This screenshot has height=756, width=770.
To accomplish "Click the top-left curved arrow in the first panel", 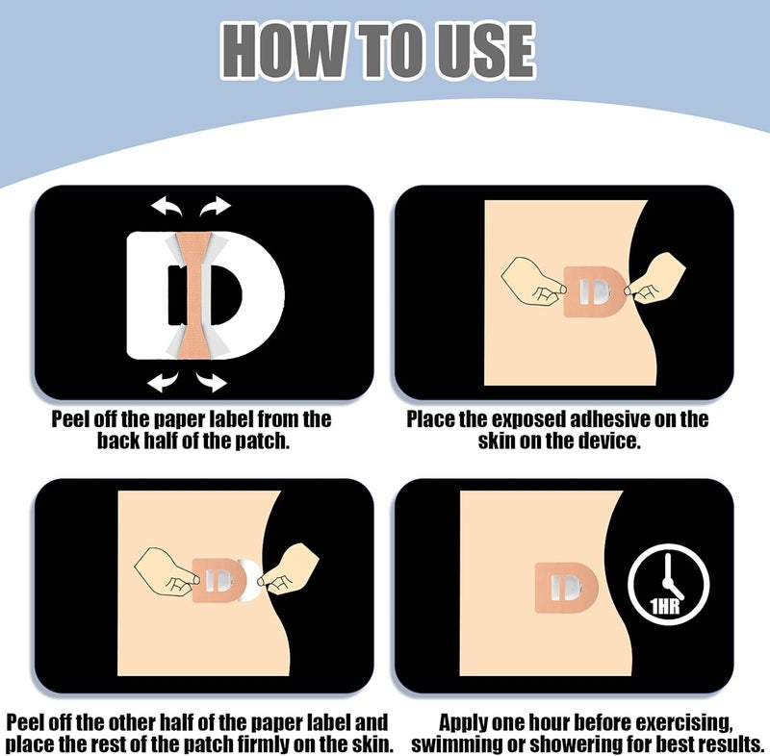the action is click(167, 206).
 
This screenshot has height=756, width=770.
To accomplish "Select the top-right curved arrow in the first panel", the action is click(215, 206).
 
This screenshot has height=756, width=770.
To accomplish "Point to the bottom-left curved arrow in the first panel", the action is click(163, 381).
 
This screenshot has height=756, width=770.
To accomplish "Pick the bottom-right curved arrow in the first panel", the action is click(212, 381).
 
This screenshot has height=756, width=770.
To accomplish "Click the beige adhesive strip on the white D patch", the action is click(193, 295).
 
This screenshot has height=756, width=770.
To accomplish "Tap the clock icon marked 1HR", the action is click(668, 584).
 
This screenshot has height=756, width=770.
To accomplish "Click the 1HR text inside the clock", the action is click(665, 607).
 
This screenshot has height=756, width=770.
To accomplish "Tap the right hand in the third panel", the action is click(289, 568).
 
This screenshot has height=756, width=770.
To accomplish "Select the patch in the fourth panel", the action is click(566, 588).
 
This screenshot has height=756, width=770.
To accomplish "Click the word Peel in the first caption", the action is click(70, 420).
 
